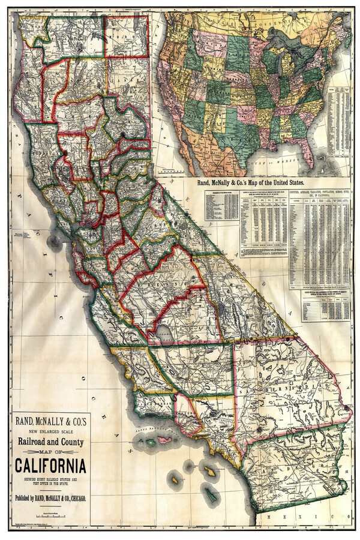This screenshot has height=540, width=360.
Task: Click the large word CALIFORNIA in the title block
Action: coord(50,466)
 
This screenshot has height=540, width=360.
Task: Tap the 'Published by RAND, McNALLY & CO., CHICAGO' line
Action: coord(50,498)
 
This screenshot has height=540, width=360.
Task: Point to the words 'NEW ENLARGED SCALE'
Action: coord(50,428)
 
